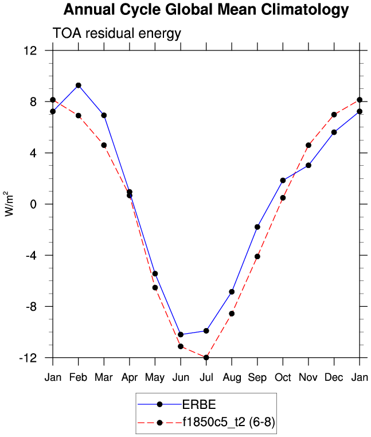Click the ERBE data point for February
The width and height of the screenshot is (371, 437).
[x=79, y=85]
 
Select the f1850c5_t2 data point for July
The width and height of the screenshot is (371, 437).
[x=206, y=358]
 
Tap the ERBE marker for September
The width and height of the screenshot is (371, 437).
[x=257, y=227]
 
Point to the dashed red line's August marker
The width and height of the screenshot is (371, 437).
[x=232, y=314]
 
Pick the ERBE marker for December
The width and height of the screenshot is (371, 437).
[x=334, y=132]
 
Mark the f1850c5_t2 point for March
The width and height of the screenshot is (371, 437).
[x=104, y=145]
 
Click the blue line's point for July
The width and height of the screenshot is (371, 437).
[x=206, y=331]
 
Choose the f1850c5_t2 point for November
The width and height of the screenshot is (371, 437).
[x=308, y=145]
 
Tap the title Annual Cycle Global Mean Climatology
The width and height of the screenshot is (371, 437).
[x=206, y=10]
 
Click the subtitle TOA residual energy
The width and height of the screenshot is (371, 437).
[x=117, y=33]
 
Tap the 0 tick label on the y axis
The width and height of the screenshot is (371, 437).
[x=34, y=204]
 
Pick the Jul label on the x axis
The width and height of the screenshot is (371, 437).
[x=206, y=377]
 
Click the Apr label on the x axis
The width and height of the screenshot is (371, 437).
[x=130, y=377]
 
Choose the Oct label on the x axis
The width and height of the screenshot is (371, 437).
[x=283, y=377]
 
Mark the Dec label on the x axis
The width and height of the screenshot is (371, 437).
[x=334, y=377]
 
